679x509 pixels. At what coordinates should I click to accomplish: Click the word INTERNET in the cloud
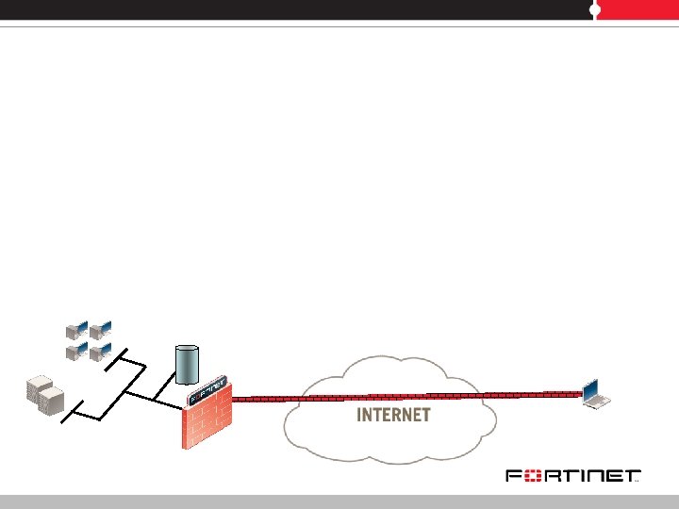(x=393, y=415)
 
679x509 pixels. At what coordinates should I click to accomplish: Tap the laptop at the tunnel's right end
(x=594, y=394)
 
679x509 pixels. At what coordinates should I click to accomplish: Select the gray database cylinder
(x=188, y=364)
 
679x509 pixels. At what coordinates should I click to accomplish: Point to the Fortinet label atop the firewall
(x=208, y=390)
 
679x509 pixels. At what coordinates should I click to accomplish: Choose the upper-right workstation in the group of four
(x=101, y=329)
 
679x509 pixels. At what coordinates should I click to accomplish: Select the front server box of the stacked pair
(x=53, y=402)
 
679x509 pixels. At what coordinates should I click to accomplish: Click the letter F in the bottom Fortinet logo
(x=513, y=477)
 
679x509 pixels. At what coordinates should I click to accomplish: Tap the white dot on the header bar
(x=595, y=9)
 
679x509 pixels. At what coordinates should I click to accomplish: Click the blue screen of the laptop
(x=591, y=388)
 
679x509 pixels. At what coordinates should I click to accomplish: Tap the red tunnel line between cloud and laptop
(x=538, y=395)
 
